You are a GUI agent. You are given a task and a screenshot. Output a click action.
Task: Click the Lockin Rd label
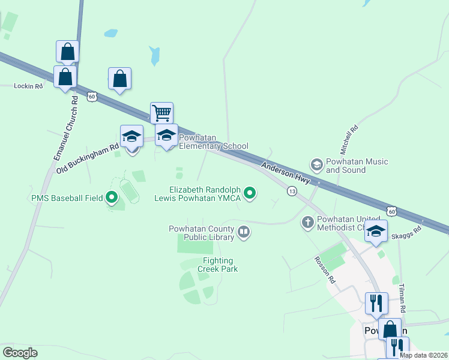(x=29, y=86)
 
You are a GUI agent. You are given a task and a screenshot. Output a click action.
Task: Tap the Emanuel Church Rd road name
(x=65, y=128)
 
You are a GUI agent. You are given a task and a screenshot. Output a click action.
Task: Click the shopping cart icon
(x=161, y=112)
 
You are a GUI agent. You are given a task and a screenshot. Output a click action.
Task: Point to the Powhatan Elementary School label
(x=214, y=142)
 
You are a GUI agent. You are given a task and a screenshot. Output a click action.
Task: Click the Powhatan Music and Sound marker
(x=316, y=164)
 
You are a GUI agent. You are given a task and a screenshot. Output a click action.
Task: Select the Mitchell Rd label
(x=349, y=139)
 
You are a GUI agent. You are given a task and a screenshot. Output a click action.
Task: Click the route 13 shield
(x=292, y=191)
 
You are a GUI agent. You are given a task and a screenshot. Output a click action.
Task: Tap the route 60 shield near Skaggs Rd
(x=392, y=211)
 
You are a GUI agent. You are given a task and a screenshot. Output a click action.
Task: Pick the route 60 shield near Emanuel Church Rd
(x=92, y=96)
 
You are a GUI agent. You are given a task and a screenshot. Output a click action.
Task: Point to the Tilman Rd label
(x=402, y=298)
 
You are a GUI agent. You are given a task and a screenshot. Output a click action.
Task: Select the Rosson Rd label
(x=324, y=271)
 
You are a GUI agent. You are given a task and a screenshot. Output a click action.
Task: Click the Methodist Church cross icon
(x=307, y=223)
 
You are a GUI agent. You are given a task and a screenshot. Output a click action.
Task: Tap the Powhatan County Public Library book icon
(x=243, y=232)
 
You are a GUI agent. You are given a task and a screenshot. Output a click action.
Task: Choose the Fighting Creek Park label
(x=220, y=265)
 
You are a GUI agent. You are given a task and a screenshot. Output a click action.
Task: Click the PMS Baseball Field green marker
(x=111, y=197)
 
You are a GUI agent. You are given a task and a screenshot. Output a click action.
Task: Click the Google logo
(x=20, y=353)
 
